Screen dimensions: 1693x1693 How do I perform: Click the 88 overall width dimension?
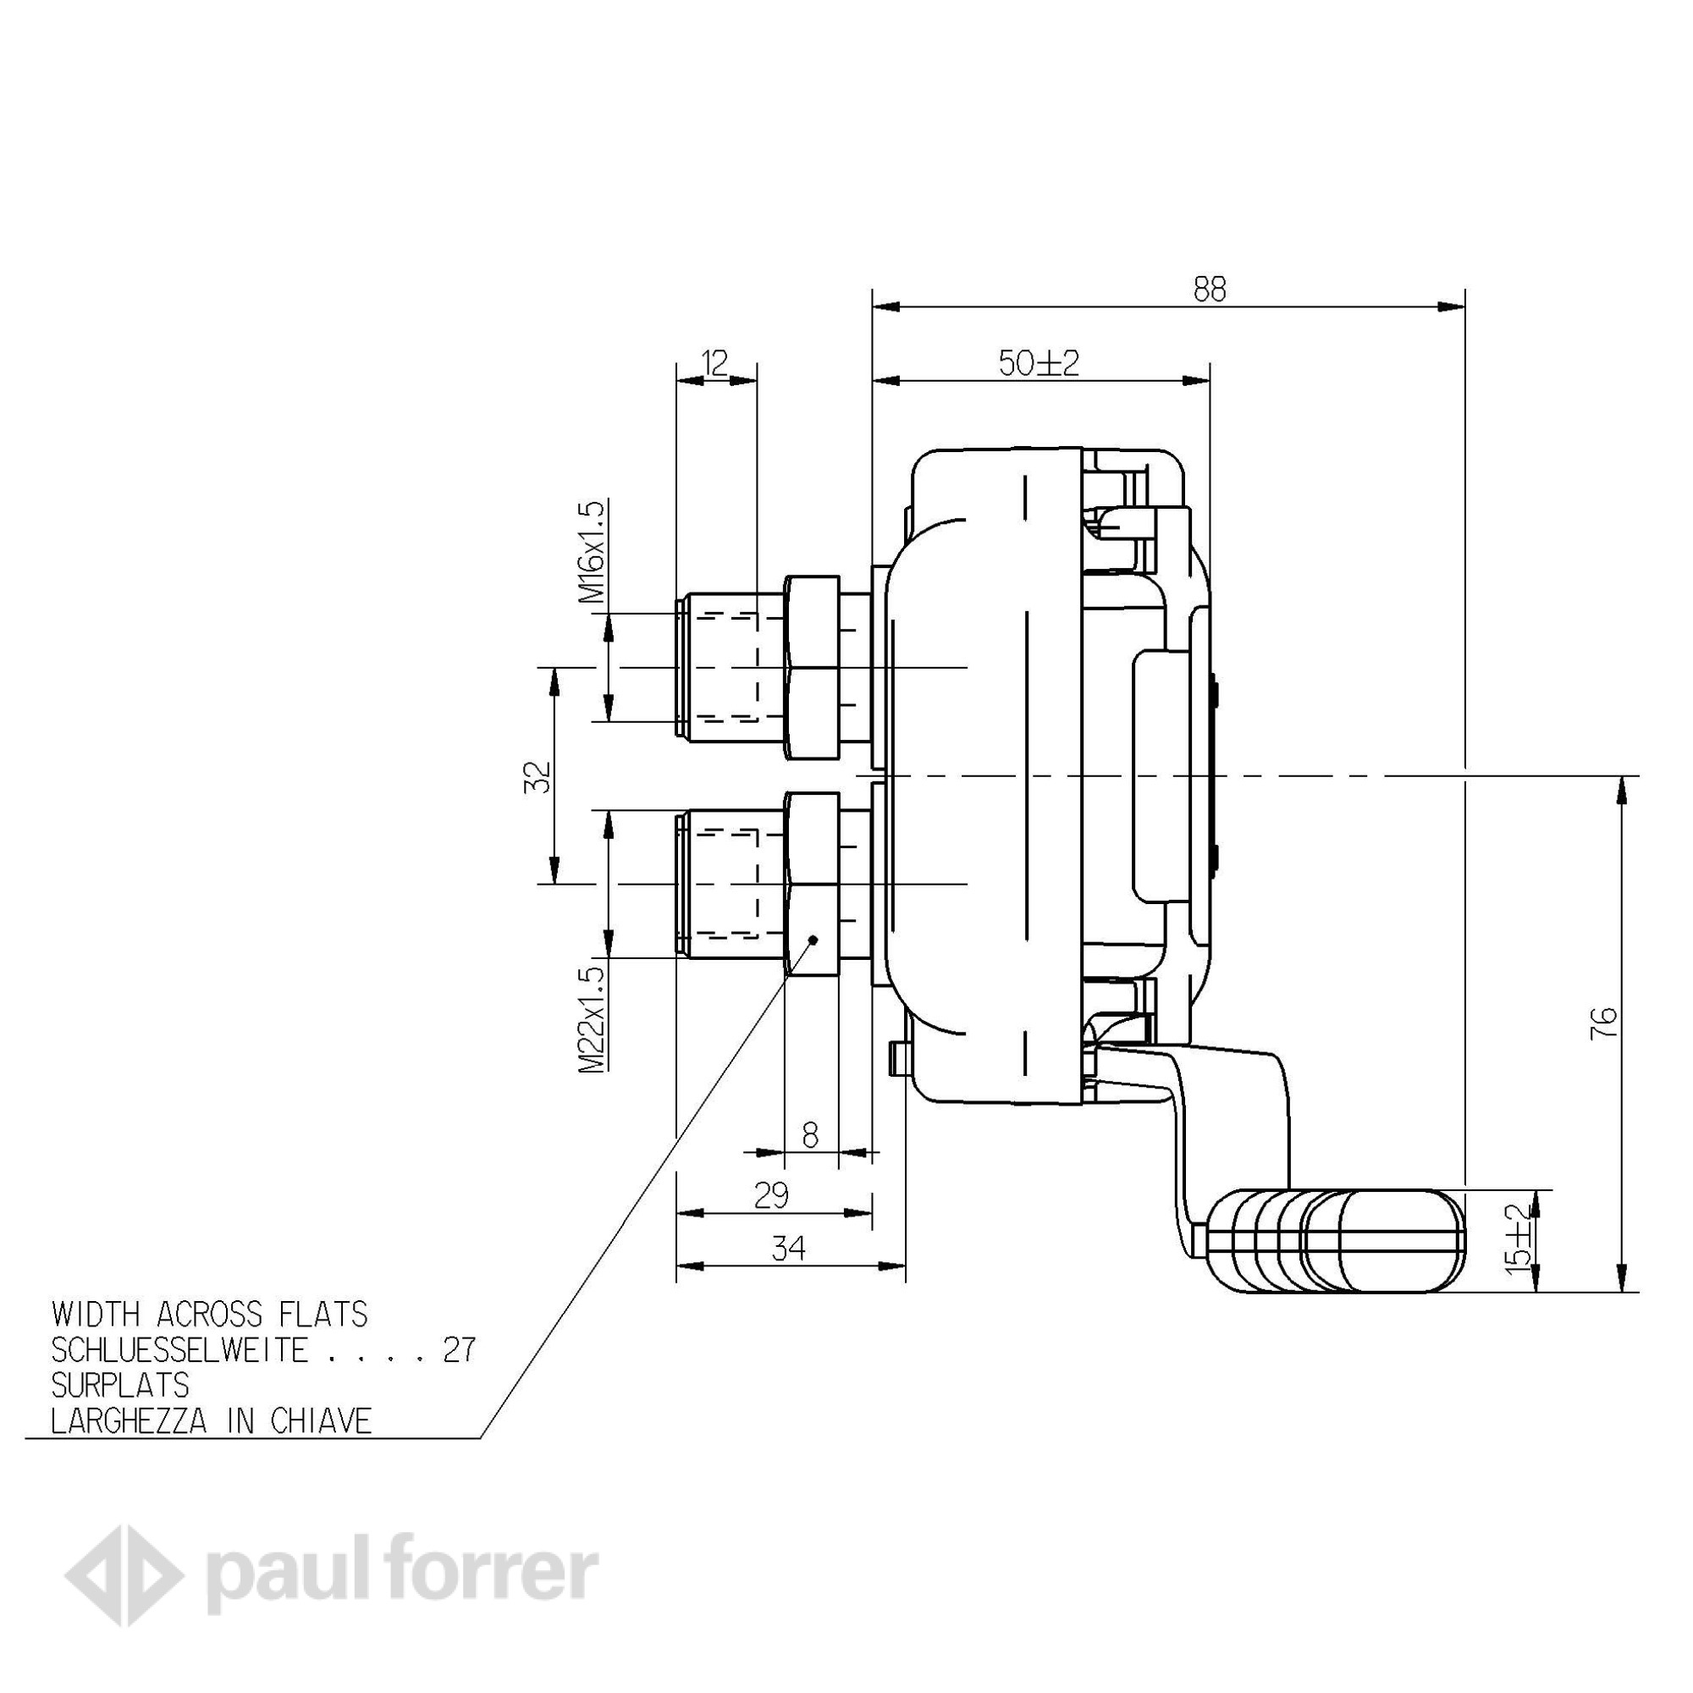(x=1210, y=290)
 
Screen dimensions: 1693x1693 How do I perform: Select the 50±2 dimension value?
(x=1040, y=363)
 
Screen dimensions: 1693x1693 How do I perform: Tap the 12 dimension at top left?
(x=715, y=362)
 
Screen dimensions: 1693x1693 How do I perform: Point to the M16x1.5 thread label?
(x=593, y=552)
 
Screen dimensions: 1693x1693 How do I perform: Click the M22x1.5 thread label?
(x=593, y=1018)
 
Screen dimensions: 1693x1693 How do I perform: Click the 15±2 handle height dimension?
(x=1522, y=1239)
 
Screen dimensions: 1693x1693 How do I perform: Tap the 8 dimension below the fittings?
(x=810, y=1137)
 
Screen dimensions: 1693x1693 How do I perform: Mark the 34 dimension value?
(x=790, y=1249)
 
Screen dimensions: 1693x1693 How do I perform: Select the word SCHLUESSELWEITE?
(x=179, y=1351)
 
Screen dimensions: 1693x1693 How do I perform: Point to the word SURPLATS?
(x=120, y=1386)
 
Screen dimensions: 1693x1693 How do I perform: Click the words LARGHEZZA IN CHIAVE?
(x=211, y=1420)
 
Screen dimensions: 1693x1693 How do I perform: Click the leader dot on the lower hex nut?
(x=813, y=940)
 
